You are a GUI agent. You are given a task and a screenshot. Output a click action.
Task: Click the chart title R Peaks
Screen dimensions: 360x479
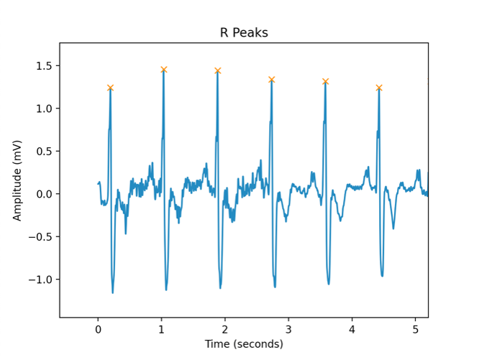coord(244,32)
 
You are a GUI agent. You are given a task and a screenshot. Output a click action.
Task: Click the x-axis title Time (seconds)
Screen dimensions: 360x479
coord(244,344)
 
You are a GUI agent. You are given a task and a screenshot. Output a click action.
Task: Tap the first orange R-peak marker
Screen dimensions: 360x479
coord(110,88)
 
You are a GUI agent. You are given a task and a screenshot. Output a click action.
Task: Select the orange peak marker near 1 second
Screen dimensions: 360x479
coord(164,70)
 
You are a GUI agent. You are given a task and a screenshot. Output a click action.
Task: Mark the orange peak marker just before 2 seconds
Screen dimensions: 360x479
coord(217,70)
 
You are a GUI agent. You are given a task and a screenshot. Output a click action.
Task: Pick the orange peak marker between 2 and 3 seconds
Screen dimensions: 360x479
coord(271,79)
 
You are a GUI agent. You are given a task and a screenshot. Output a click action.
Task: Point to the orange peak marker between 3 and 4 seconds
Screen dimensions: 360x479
coord(325,81)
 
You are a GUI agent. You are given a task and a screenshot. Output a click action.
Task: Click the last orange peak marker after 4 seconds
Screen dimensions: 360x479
coord(379,88)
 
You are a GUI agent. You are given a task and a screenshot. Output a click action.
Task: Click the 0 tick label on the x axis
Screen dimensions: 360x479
coord(98,329)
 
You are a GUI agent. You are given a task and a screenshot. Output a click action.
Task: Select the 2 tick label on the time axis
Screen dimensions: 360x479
coord(225,329)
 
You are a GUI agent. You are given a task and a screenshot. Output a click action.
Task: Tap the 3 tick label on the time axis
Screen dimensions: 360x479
coord(288,329)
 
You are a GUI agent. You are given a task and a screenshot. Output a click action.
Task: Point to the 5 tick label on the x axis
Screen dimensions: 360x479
coord(415,329)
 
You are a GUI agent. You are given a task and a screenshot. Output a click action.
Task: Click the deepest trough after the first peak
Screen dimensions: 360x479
coord(113,292)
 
